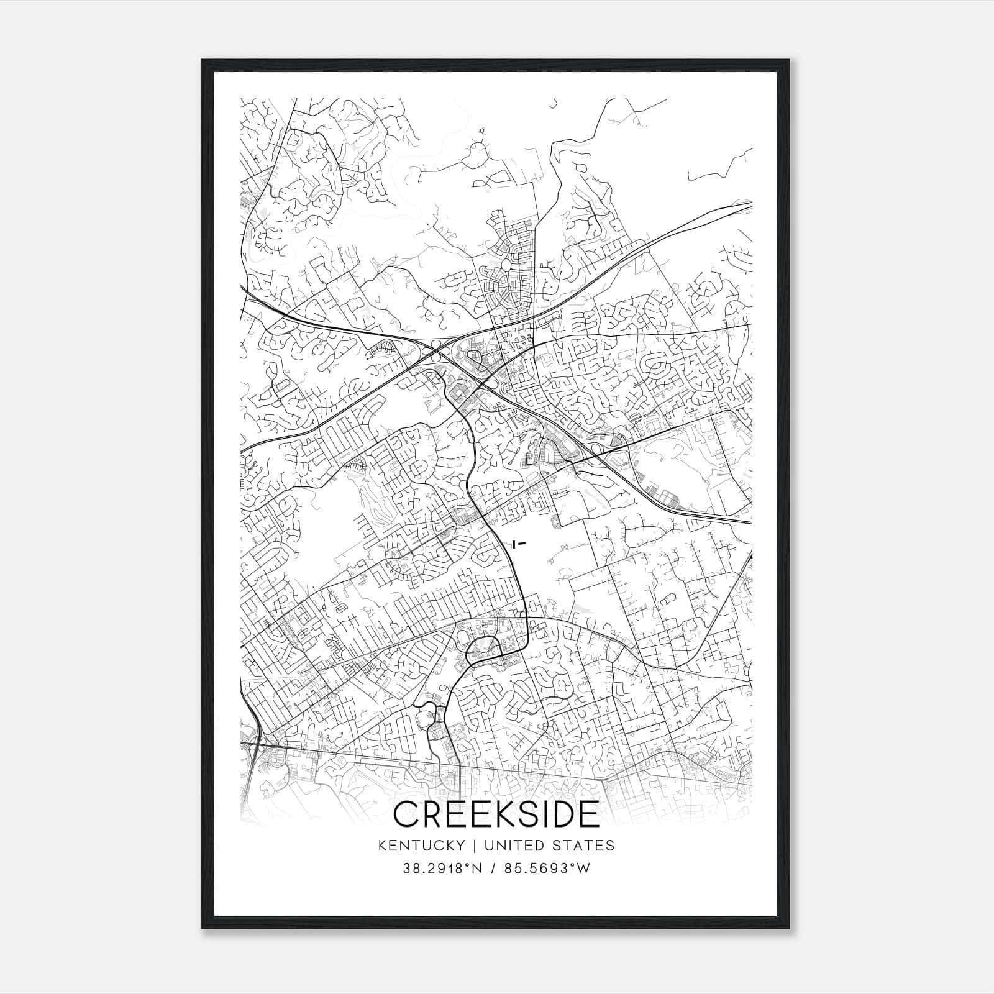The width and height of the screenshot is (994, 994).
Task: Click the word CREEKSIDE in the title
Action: tap(496, 814)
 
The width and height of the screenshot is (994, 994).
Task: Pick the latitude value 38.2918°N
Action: tap(442, 869)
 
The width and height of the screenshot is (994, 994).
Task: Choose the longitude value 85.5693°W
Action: tap(549, 869)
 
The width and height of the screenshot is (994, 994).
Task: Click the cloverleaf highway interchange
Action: tap(437, 352)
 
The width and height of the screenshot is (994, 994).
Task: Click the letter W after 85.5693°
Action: tap(583, 869)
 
